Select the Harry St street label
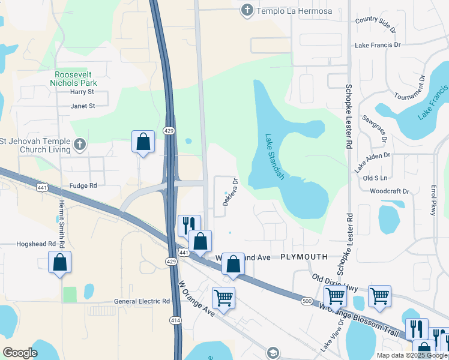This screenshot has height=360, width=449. (x=82, y=92)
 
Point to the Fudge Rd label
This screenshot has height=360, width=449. (x=83, y=186)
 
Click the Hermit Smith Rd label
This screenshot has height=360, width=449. (x=61, y=220)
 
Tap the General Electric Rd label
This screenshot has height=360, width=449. (x=142, y=301)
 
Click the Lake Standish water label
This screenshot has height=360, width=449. (x=274, y=157)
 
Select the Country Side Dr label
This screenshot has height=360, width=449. (x=376, y=24)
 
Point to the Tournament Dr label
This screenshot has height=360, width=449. (x=410, y=87)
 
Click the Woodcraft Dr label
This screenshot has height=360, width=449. (x=390, y=191)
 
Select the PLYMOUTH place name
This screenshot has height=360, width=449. (x=304, y=257)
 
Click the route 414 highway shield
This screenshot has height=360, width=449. (x=175, y=321)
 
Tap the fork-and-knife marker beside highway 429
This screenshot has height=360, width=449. (x=189, y=225)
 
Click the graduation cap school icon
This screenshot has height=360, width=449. (x=273, y=352)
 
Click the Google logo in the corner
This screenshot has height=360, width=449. (x=20, y=353)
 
